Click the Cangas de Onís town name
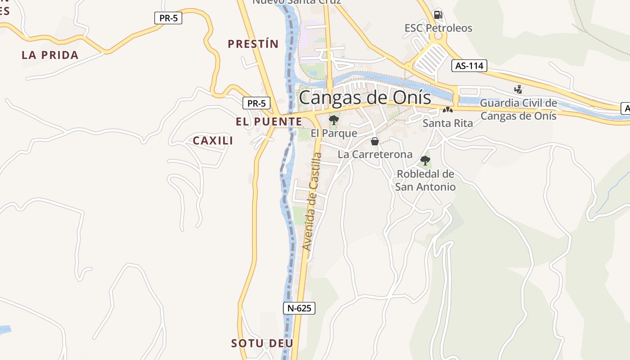click(364, 98)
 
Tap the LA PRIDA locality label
click(50, 55)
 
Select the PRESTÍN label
click(253, 44)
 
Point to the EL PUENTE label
click(269, 121)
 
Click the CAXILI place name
click(213, 141)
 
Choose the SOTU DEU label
click(262, 343)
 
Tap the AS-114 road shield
click(469, 66)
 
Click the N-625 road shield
click(299, 308)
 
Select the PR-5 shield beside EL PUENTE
click(256, 103)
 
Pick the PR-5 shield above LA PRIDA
click(168, 18)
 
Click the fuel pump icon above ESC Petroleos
click(438, 15)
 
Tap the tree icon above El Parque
click(333, 120)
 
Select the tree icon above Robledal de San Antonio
click(425, 161)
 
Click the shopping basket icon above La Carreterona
click(374, 142)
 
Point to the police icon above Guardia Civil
click(518, 90)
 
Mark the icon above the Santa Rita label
click(447, 110)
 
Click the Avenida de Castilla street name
click(312, 202)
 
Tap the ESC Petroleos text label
click(438, 28)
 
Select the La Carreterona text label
click(375, 154)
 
